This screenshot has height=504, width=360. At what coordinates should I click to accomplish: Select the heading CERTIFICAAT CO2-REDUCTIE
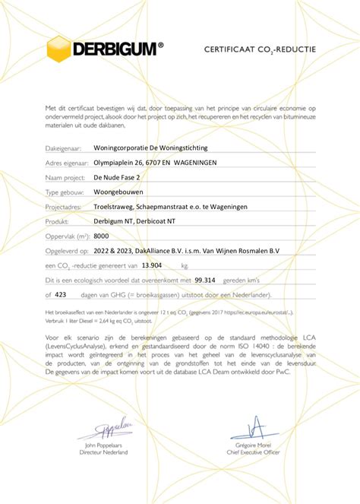[x=260, y=49]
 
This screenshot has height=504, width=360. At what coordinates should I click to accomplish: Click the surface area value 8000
[x=101, y=236]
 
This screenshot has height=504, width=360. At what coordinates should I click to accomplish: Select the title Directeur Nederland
[x=103, y=452]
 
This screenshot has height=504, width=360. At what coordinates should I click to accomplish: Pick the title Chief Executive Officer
[x=254, y=452]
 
